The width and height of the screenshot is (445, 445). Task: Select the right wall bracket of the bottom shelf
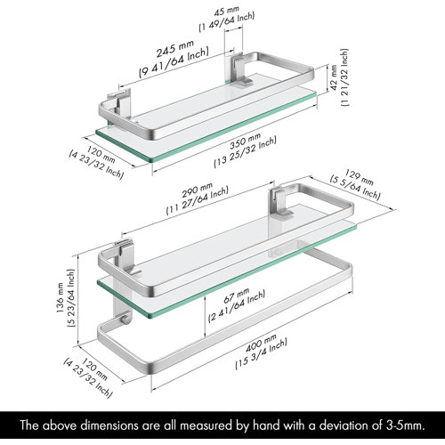[283, 202]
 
